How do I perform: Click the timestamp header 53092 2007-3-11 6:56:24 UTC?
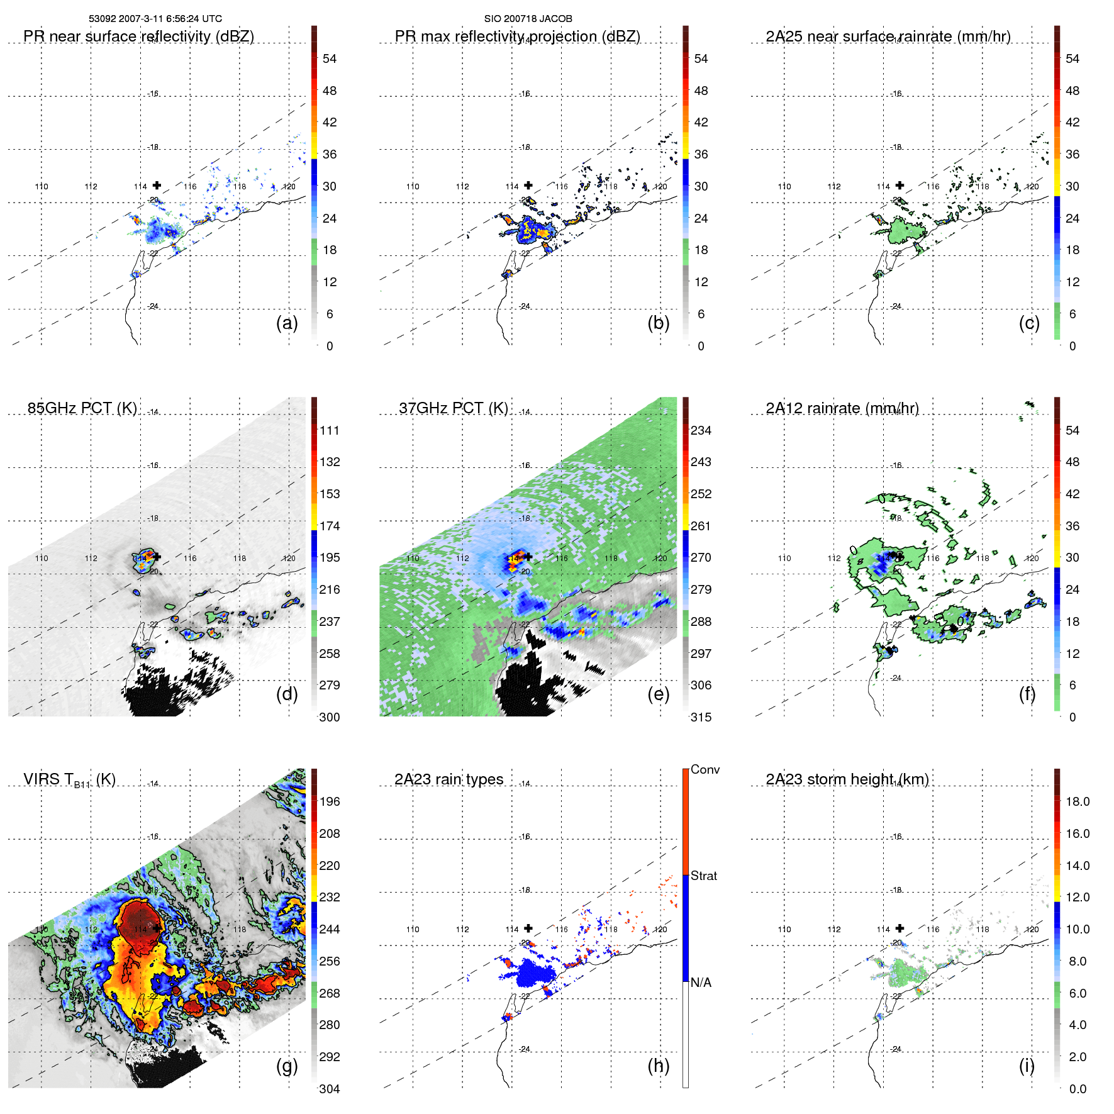[x=155, y=19]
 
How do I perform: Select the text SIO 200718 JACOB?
[x=528, y=19]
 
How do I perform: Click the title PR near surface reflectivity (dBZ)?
[x=138, y=36]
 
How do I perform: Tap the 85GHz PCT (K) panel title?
[x=82, y=408]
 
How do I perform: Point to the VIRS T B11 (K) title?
[x=69, y=780]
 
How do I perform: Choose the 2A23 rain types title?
[x=448, y=779]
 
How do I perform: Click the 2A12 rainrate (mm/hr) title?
[x=842, y=408]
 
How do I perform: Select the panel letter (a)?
[x=287, y=323]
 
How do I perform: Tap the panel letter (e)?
[x=658, y=694]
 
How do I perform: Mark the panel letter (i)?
[x=1027, y=1066]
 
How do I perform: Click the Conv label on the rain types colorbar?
[x=705, y=769]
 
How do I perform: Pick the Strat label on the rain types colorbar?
[x=703, y=876]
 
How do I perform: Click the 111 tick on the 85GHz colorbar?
[x=330, y=430]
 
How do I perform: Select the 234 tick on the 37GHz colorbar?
[x=701, y=430]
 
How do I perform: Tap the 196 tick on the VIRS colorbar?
[x=330, y=801]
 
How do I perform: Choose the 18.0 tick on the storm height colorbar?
[x=1077, y=801]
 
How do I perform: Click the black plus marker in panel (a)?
[x=157, y=185]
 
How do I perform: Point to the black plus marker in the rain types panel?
[x=528, y=928]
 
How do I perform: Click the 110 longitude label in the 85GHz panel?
[x=42, y=558]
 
